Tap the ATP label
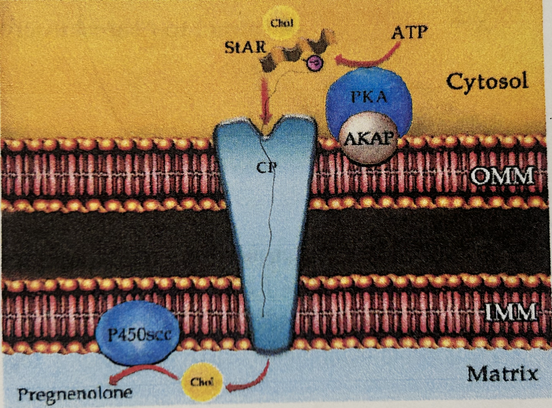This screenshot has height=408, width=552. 409,32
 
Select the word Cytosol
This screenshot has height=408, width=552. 487,81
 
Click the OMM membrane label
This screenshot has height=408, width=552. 502,177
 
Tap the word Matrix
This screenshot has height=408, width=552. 502,374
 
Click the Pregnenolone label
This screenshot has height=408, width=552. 75,393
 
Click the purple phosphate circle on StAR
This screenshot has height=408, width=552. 315,63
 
